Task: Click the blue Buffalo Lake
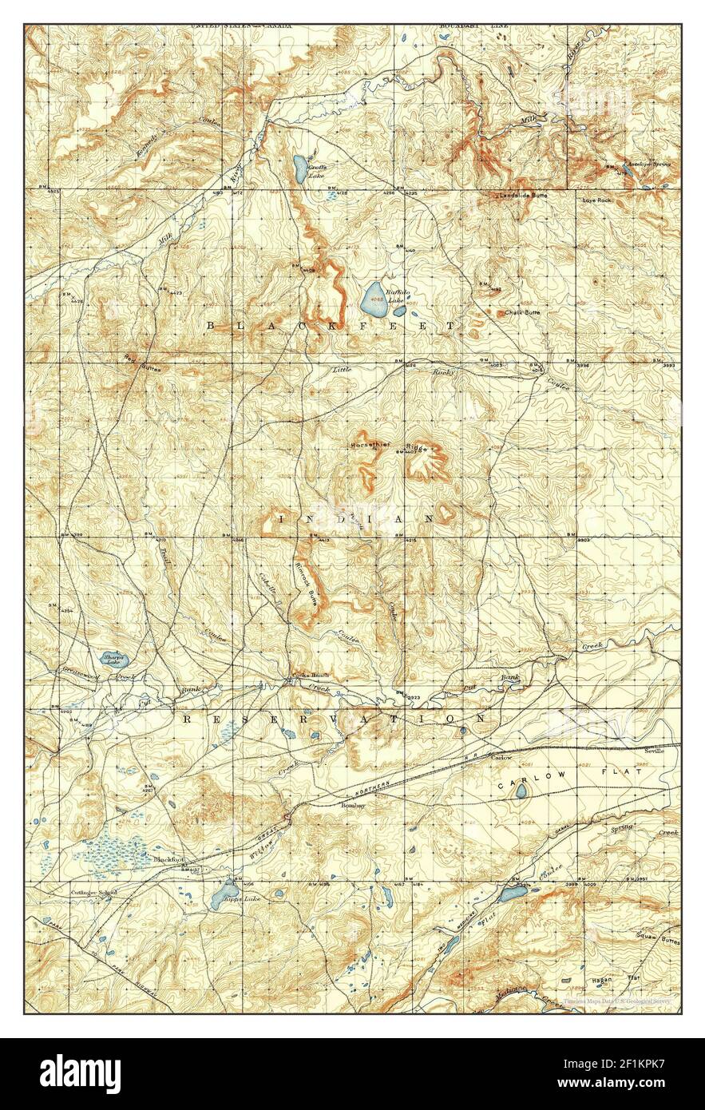[x=372, y=300]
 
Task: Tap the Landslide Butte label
[x=524, y=196]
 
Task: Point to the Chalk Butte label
[x=523, y=312]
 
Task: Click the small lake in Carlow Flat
[x=521, y=791]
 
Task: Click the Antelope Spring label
[x=648, y=165]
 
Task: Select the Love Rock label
[x=596, y=200]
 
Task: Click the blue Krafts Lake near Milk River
[x=297, y=168]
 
